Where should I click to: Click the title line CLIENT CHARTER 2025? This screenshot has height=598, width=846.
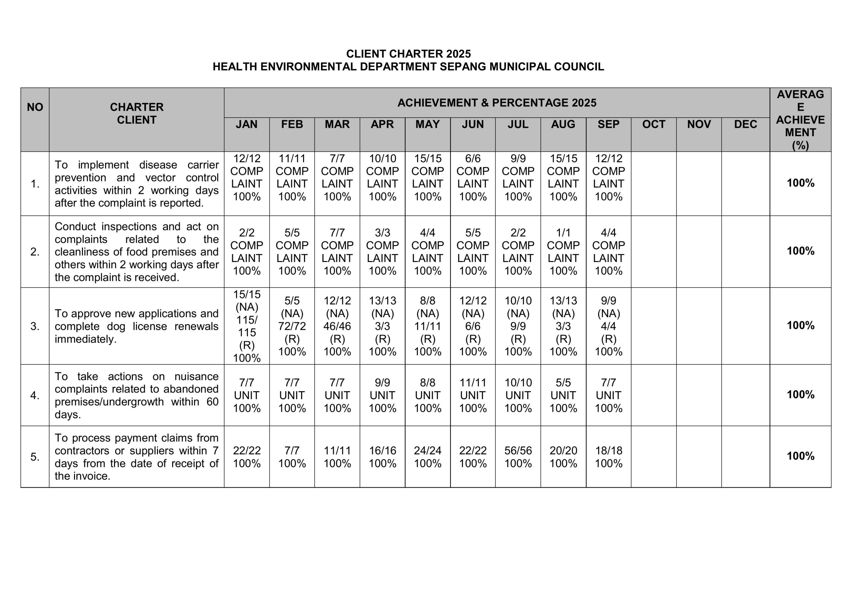(x=408, y=54)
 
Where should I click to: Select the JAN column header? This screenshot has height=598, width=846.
(x=247, y=124)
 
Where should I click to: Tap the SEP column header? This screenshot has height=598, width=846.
(x=608, y=124)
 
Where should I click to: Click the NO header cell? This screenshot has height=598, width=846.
(x=35, y=107)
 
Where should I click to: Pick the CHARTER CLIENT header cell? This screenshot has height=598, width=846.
(x=136, y=113)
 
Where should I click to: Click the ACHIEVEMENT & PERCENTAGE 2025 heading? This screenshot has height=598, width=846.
(x=496, y=103)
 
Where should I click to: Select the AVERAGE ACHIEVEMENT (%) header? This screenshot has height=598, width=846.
(x=800, y=119)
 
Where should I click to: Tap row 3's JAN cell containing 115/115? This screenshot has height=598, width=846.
(x=247, y=326)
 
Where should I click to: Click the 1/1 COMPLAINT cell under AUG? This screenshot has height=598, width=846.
(x=563, y=252)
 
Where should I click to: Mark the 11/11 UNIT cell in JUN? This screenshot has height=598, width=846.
(x=473, y=395)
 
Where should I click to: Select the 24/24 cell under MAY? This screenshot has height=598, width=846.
(x=427, y=457)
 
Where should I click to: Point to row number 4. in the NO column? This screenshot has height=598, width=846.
(x=35, y=395)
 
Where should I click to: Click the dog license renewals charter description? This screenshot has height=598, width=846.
(x=136, y=326)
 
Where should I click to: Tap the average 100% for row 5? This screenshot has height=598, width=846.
(x=800, y=456)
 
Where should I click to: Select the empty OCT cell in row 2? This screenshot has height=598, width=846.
(x=654, y=252)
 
